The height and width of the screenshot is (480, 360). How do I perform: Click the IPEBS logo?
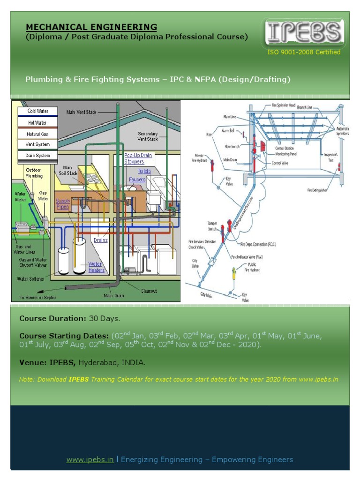(x=304, y=33)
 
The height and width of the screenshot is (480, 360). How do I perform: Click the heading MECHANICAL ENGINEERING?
(x=91, y=27)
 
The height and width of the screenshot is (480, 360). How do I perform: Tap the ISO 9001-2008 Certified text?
(x=304, y=52)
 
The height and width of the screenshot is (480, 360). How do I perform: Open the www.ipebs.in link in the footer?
(x=90, y=459)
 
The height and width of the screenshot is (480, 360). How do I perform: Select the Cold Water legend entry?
(x=37, y=111)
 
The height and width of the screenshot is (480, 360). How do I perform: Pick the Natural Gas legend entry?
(x=37, y=134)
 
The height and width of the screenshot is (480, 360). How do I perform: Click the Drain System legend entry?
(x=37, y=155)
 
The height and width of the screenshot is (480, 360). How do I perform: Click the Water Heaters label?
(x=96, y=267)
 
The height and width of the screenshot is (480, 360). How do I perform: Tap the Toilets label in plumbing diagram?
(x=144, y=171)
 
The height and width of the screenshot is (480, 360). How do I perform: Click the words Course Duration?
(x=52, y=319)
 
